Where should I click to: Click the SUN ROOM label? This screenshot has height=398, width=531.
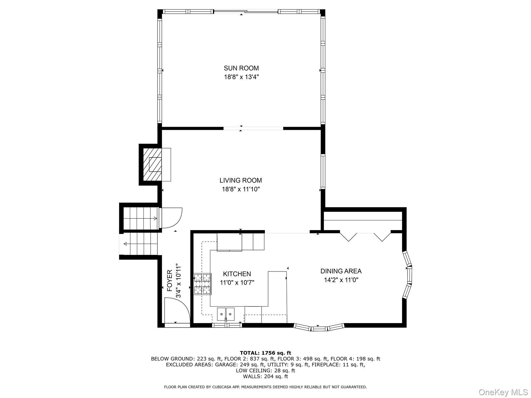click(241, 68)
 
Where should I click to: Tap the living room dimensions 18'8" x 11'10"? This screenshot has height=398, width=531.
click(241, 189)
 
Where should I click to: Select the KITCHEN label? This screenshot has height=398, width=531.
click(237, 274)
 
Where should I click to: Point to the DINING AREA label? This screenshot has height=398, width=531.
click(341, 271)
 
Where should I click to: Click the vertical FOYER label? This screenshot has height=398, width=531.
click(170, 281)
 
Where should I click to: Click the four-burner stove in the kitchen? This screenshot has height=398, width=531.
click(202, 284)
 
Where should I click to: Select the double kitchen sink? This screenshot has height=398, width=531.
click(226, 314)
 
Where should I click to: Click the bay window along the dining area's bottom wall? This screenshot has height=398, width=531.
click(319, 328)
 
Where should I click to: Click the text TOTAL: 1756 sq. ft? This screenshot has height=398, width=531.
click(265, 353)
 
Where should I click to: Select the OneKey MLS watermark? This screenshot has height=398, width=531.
click(503, 392)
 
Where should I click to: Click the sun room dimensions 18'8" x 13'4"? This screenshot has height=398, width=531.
click(241, 77)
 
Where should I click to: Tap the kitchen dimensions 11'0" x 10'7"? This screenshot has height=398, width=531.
click(237, 283)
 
